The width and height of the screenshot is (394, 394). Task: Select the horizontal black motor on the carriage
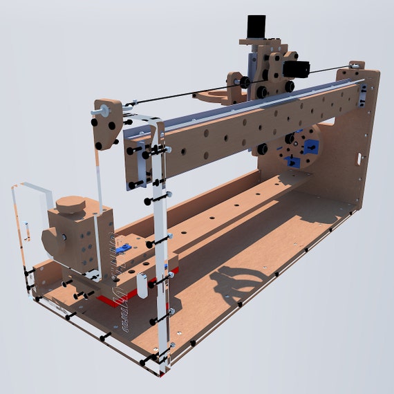300,69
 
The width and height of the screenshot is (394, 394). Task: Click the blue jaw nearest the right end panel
312,147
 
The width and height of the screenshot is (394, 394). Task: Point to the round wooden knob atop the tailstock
71,205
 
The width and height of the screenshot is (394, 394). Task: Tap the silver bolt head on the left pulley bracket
102,109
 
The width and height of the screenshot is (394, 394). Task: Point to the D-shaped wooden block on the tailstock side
52,238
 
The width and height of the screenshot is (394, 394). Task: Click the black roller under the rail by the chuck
263,148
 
